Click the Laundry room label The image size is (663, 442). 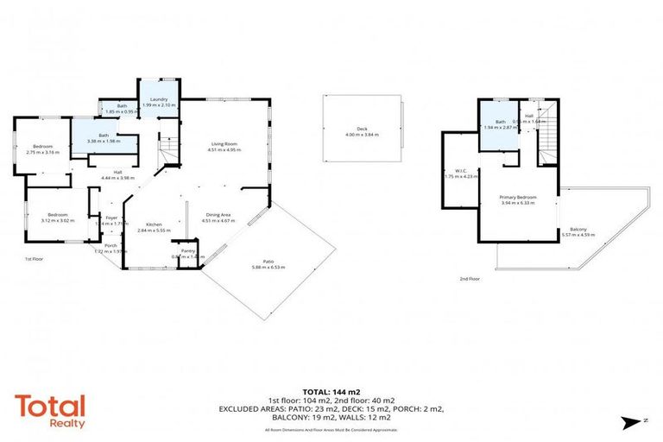click(158, 99)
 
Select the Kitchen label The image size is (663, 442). click(154, 224)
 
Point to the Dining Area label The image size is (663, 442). click(218, 215)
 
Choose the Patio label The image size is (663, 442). click(268, 262)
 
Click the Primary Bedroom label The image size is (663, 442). click(519, 198)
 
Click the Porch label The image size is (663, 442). click(110, 246)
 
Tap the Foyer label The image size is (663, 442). click(111, 218)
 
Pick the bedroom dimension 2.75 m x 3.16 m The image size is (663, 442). click(43, 152)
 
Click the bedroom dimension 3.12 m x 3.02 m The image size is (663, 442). click(59, 220)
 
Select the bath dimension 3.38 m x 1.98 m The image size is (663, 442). click(104, 141)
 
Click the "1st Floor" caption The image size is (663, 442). click(34, 258)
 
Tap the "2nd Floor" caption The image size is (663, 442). click(470, 279)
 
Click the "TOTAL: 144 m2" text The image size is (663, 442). click(331, 391)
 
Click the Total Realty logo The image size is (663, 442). click(49, 410)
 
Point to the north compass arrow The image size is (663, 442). click(629, 421)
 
